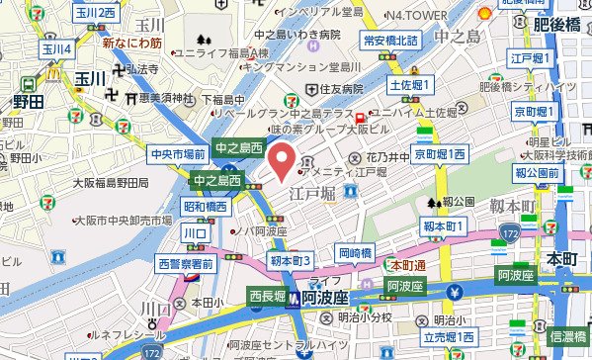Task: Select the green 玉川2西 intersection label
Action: (x=94, y=12)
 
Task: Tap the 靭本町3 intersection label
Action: (x=291, y=260)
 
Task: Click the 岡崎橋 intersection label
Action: (x=354, y=252)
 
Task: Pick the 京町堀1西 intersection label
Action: (x=440, y=155)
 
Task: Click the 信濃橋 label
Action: (x=569, y=336)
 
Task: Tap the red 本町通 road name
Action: (x=407, y=265)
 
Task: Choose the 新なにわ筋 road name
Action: (x=131, y=44)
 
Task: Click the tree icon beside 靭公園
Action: (x=433, y=202)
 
